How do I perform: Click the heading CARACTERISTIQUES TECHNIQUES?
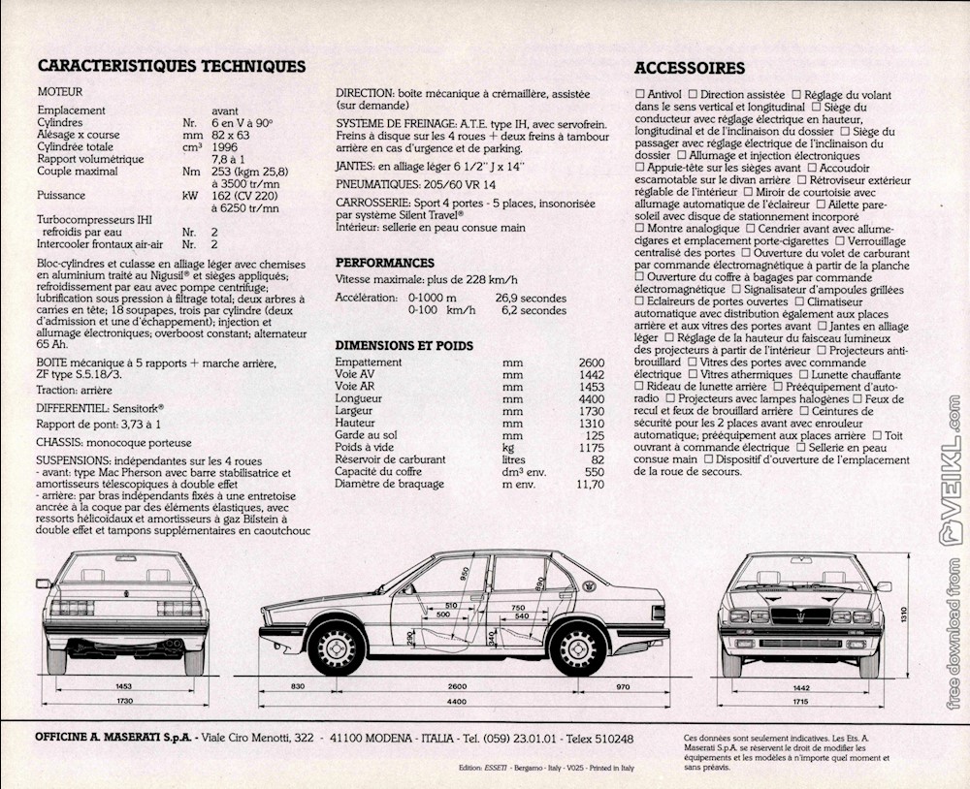pyautogui.click(x=171, y=67)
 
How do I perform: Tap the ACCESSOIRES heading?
pyautogui.click(x=690, y=68)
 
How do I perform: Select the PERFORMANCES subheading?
pyautogui.click(x=385, y=263)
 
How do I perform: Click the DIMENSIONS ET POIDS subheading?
pyautogui.click(x=404, y=345)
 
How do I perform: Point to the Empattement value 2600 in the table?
pyautogui.click(x=591, y=363)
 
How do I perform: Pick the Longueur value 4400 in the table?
pyautogui.click(x=591, y=399)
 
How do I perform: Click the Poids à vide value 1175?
pyautogui.click(x=591, y=448)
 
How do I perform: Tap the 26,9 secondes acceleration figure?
pyautogui.click(x=531, y=299)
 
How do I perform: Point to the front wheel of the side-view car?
pyautogui.click(x=337, y=647)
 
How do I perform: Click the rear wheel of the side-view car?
pyautogui.click(x=578, y=647)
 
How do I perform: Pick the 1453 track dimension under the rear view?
pyautogui.click(x=123, y=685)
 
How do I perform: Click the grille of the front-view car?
pyautogui.click(x=800, y=615)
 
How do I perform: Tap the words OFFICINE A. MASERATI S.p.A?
pyautogui.click(x=115, y=739)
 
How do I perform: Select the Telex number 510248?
pyautogui.click(x=606, y=739)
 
